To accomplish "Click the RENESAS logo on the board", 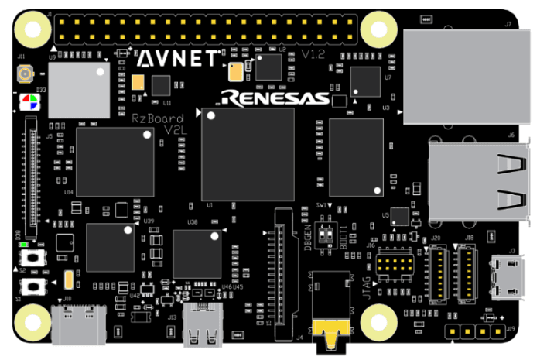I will pyautogui.click(x=274, y=98).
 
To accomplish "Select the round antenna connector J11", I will pyautogui.click(x=25, y=75).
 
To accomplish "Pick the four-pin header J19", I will pyautogui.click(x=478, y=331).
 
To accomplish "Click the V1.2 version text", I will pyautogui.click(x=313, y=55).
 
